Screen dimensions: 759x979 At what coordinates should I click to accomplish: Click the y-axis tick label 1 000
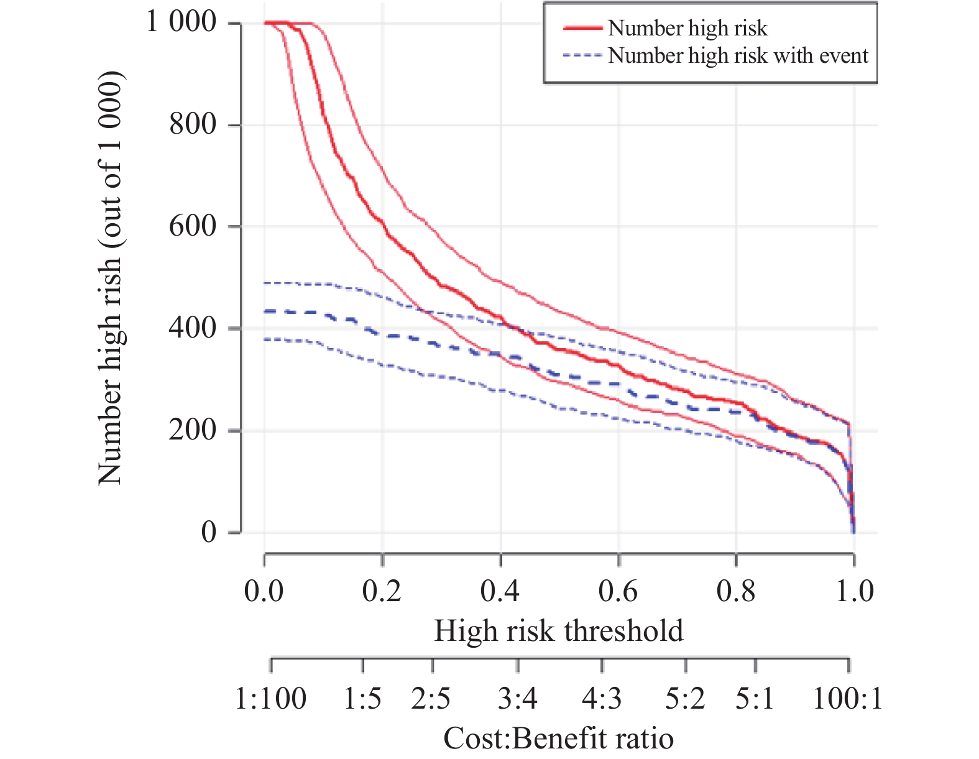[182, 22]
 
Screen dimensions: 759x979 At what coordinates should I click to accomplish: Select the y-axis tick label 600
[193, 226]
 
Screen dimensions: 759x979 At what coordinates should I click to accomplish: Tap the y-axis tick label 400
[193, 328]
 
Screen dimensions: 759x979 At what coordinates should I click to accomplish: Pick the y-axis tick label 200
[193, 430]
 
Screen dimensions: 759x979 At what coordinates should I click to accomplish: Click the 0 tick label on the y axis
[209, 531]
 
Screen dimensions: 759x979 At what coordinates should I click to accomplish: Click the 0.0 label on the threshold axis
[264, 591]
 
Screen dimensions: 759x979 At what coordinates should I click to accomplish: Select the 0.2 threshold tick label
[382, 591]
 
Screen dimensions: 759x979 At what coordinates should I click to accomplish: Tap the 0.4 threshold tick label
[500, 591]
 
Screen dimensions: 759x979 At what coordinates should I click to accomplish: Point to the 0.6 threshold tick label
[618, 591]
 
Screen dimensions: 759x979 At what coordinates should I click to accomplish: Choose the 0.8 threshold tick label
[736, 591]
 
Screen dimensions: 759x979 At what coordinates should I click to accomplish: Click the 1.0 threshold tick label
[854, 591]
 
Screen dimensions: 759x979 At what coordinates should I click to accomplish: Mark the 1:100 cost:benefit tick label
[270, 699]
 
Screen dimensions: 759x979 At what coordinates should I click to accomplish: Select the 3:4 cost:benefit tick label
[517, 699]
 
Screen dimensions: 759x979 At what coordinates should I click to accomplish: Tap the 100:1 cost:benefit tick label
[848, 699]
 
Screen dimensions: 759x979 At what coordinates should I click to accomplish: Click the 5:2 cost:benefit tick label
[685, 699]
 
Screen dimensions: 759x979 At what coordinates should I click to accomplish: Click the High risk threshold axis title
[558, 631]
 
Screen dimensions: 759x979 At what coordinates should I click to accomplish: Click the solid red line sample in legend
[582, 29]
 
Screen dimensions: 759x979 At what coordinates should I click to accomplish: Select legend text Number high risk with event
[738, 56]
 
